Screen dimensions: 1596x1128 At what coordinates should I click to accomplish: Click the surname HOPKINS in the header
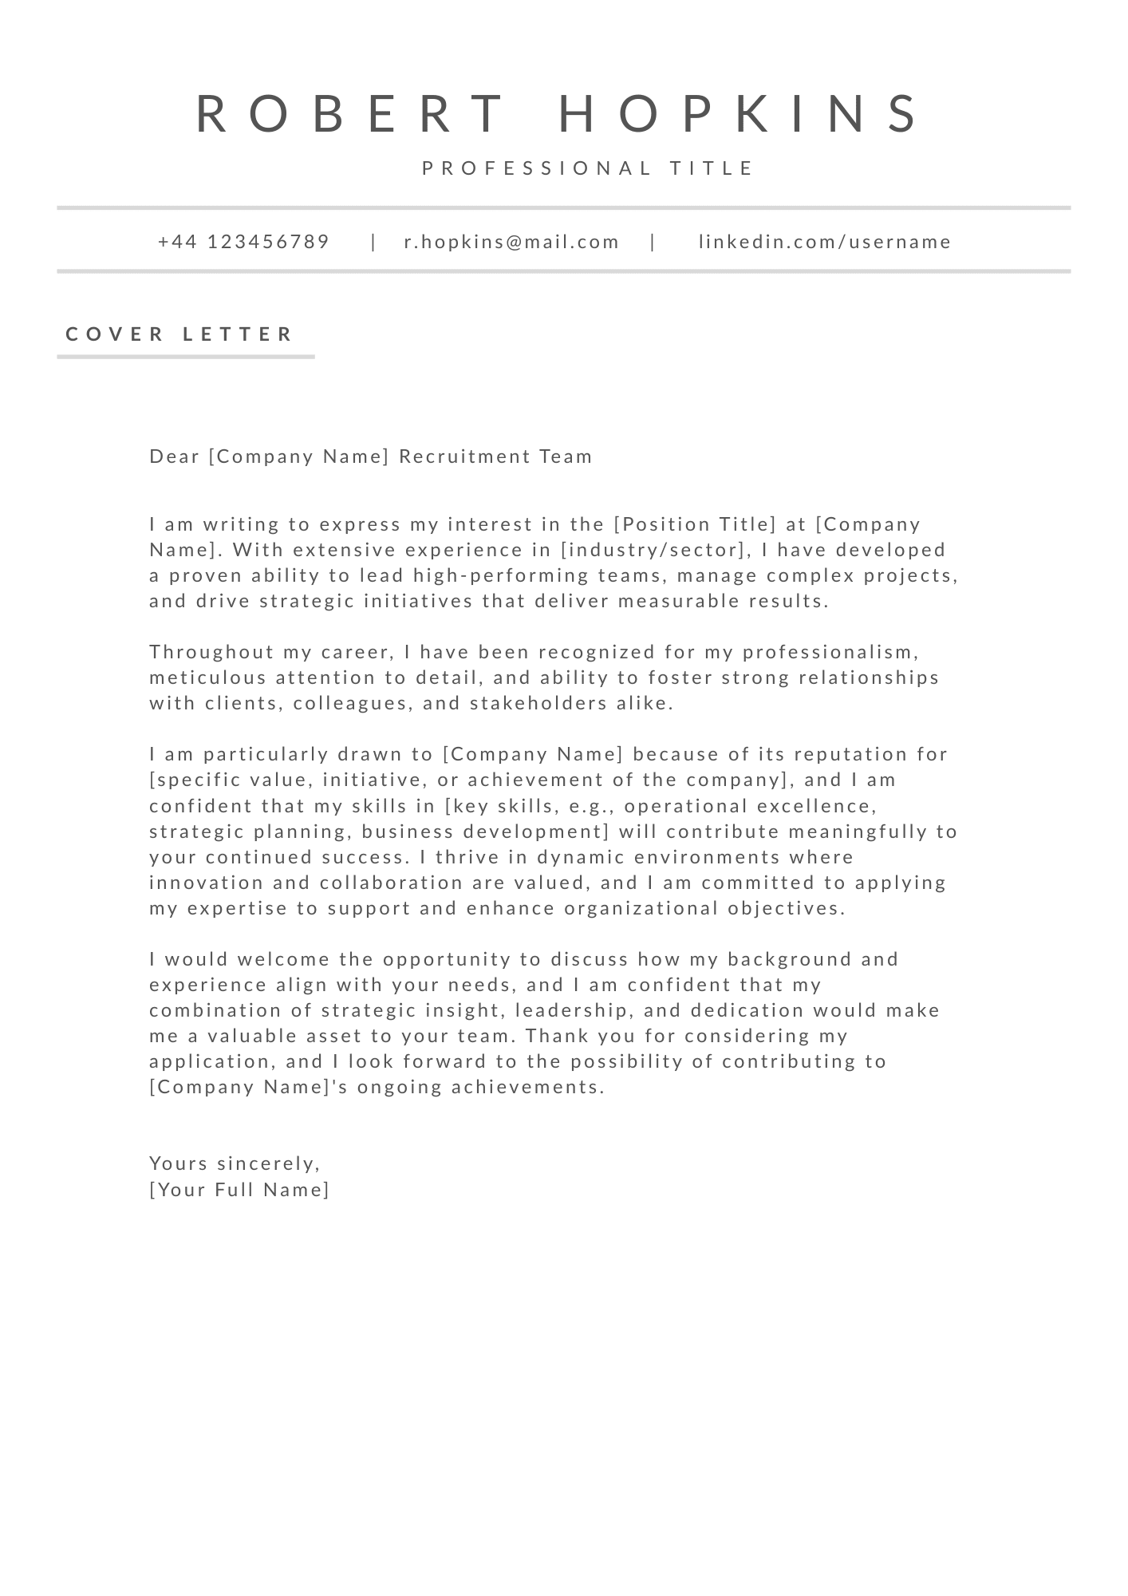pyautogui.click(x=740, y=113)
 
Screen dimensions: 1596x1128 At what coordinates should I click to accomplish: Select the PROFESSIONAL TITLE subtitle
pyautogui.click(x=588, y=168)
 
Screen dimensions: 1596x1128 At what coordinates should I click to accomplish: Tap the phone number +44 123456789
pyautogui.click(x=244, y=242)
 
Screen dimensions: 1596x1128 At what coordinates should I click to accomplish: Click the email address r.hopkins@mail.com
pyautogui.click(x=511, y=242)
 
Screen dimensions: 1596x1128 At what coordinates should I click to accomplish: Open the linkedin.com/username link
pyautogui.click(x=825, y=242)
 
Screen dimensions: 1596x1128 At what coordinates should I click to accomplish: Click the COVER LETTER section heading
pyautogui.click(x=180, y=334)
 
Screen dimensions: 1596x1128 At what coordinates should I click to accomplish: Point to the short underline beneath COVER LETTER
pyautogui.click(x=186, y=357)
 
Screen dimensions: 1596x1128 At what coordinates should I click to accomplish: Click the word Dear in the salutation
pyautogui.click(x=174, y=456)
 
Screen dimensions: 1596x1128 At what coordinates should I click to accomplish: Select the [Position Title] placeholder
pyautogui.click(x=695, y=524)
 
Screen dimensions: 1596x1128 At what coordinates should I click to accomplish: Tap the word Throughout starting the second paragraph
pyautogui.click(x=212, y=652)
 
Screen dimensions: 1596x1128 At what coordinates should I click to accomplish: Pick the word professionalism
pyautogui.click(x=830, y=652)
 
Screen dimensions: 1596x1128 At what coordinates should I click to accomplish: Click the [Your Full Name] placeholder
pyautogui.click(x=239, y=1190)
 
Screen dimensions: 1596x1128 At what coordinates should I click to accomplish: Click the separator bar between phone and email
pyautogui.click(x=373, y=242)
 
